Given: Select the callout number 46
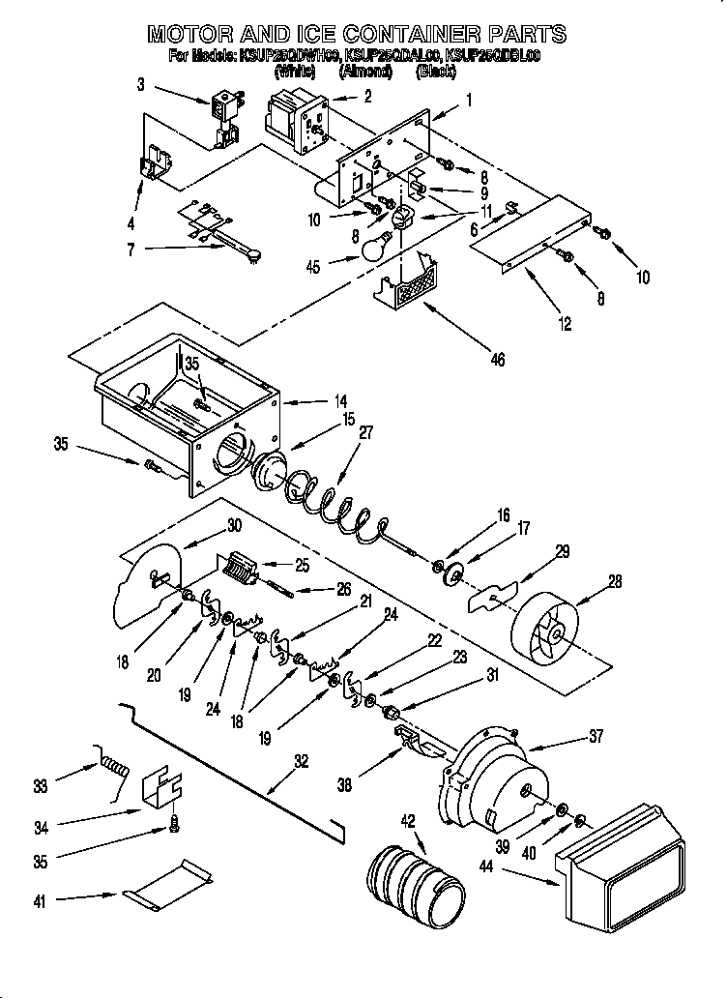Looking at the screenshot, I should [497, 359].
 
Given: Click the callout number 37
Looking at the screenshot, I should [594, 736].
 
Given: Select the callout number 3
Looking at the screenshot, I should [141, 85].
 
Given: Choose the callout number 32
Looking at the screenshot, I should [301, 762].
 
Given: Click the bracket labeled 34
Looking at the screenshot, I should [162, 791].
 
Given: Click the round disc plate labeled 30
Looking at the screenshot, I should [149, 586].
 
